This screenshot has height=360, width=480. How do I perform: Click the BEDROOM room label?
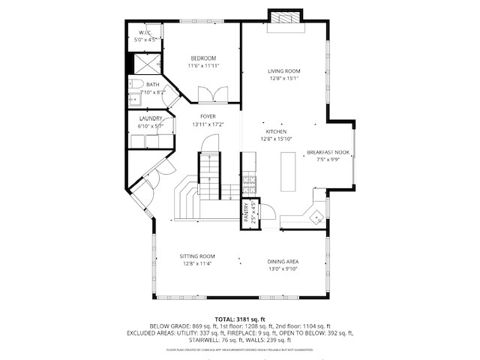pos(202,58)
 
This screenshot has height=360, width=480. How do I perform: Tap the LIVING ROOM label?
pos(283,71)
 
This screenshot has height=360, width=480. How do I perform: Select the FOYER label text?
pos(208,116)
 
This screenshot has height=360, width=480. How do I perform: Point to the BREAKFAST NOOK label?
pos(328,152)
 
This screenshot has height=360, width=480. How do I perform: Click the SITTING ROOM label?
pos(197,256)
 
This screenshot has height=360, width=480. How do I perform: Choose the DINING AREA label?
pos(283,261)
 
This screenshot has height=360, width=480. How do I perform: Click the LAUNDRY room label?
pos(151,118)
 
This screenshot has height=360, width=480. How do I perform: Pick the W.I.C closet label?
pos(145,33)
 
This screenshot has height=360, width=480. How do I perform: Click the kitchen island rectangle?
pos(288,172)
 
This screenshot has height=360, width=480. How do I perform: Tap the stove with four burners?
pos(249,182)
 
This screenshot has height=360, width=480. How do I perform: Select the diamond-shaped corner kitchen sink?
pos(318,216)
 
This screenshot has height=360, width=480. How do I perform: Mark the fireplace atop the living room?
pos(284,19)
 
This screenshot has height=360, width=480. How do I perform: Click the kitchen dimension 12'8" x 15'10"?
pos(276,139)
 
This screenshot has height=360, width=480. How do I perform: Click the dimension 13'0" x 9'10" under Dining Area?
pos(283,268)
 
